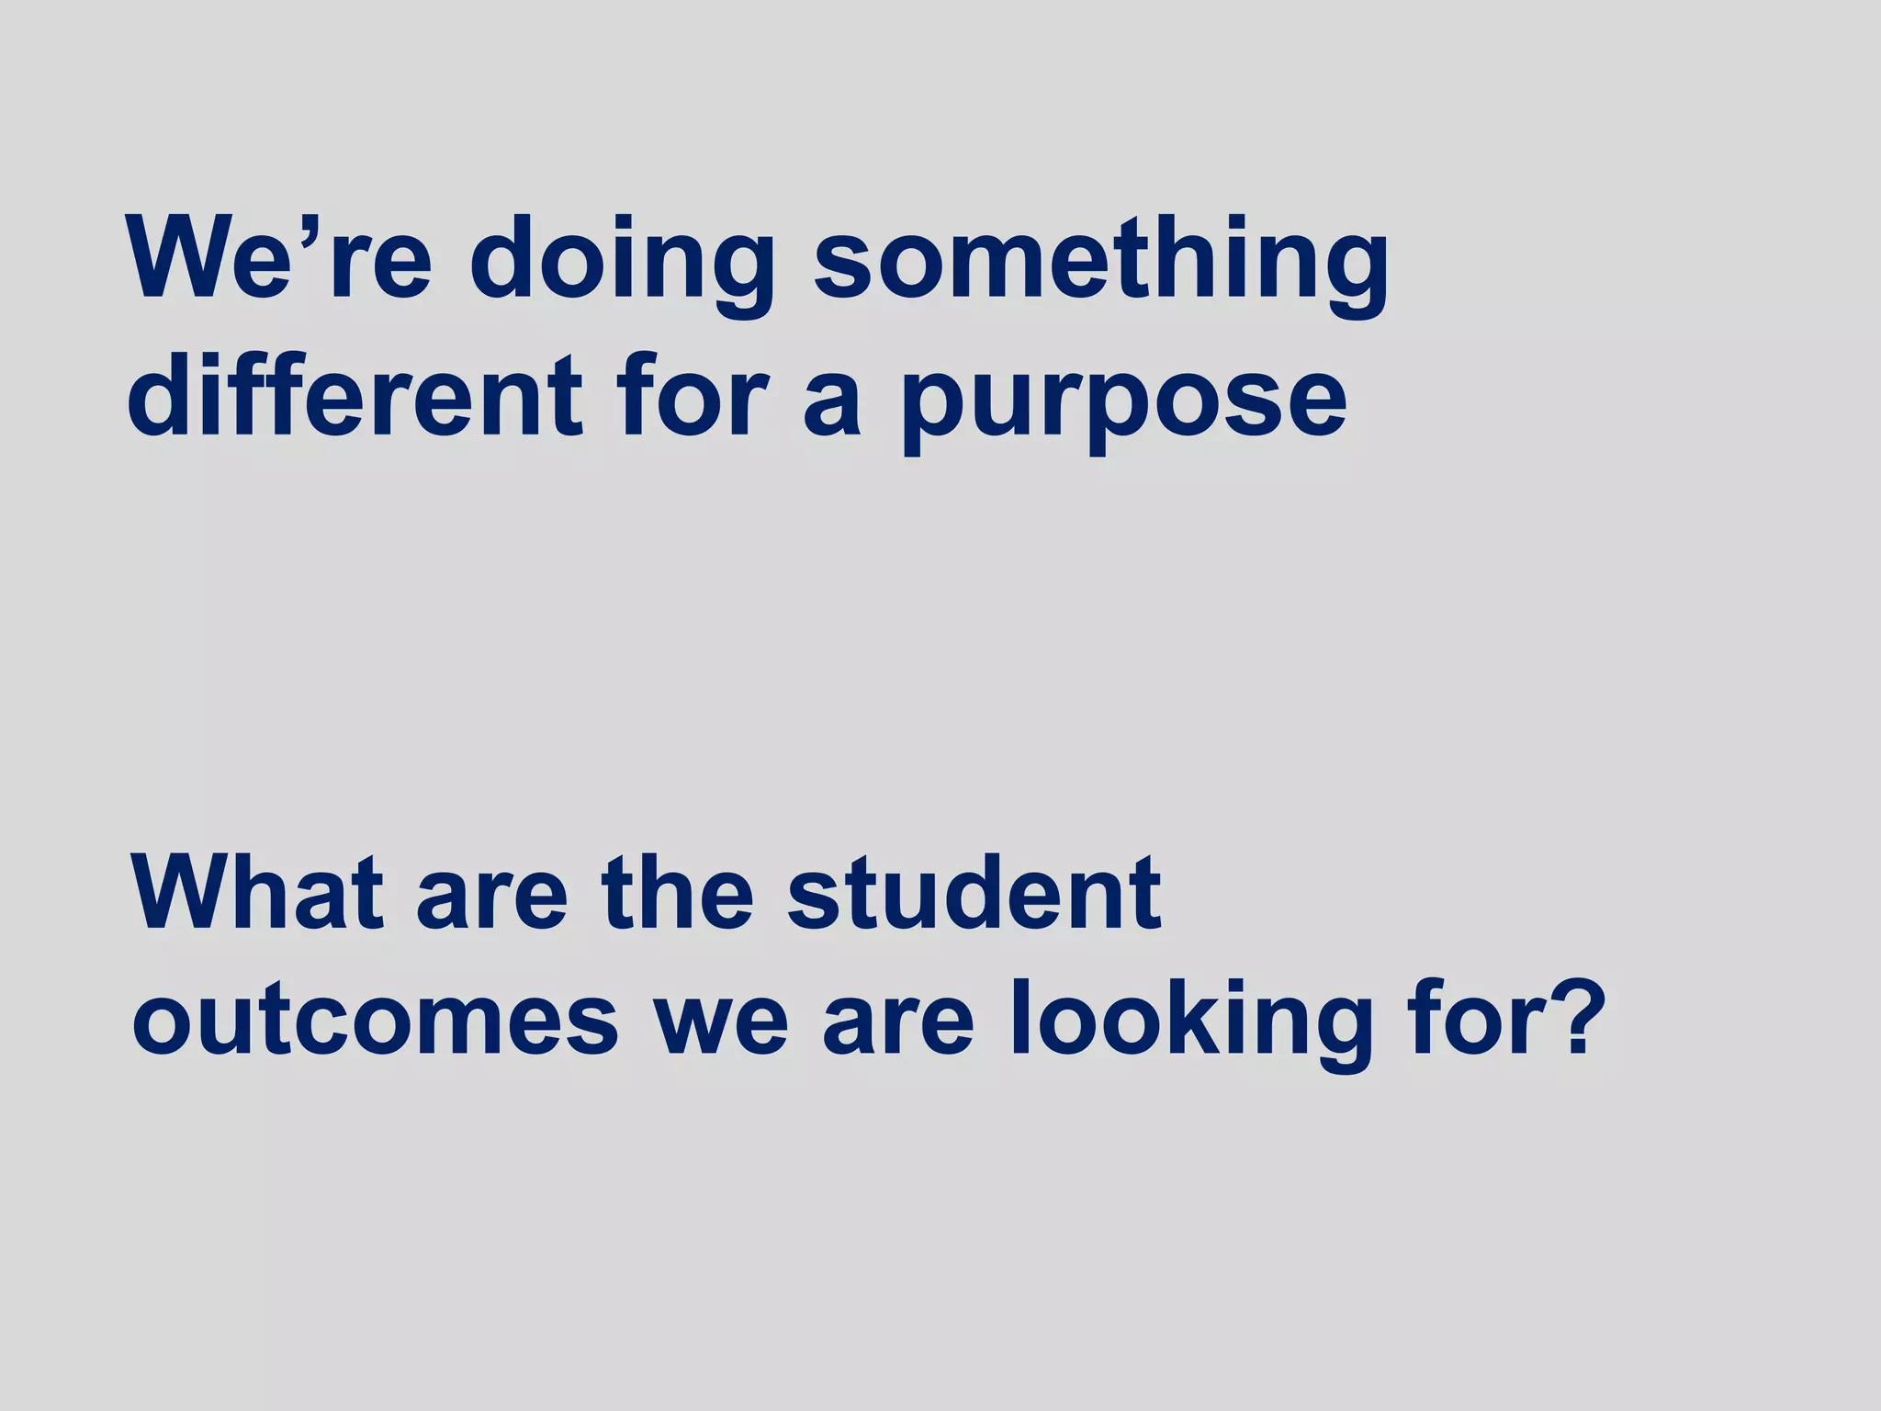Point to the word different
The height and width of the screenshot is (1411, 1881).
[355, 397]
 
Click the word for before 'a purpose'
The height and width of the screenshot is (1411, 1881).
[693, 397]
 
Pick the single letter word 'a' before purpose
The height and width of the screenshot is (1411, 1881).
[832, 409]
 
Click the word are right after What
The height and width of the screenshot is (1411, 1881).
[492, 905]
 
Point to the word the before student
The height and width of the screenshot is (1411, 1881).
[677, 893]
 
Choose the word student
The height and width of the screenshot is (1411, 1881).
[974, 893]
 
